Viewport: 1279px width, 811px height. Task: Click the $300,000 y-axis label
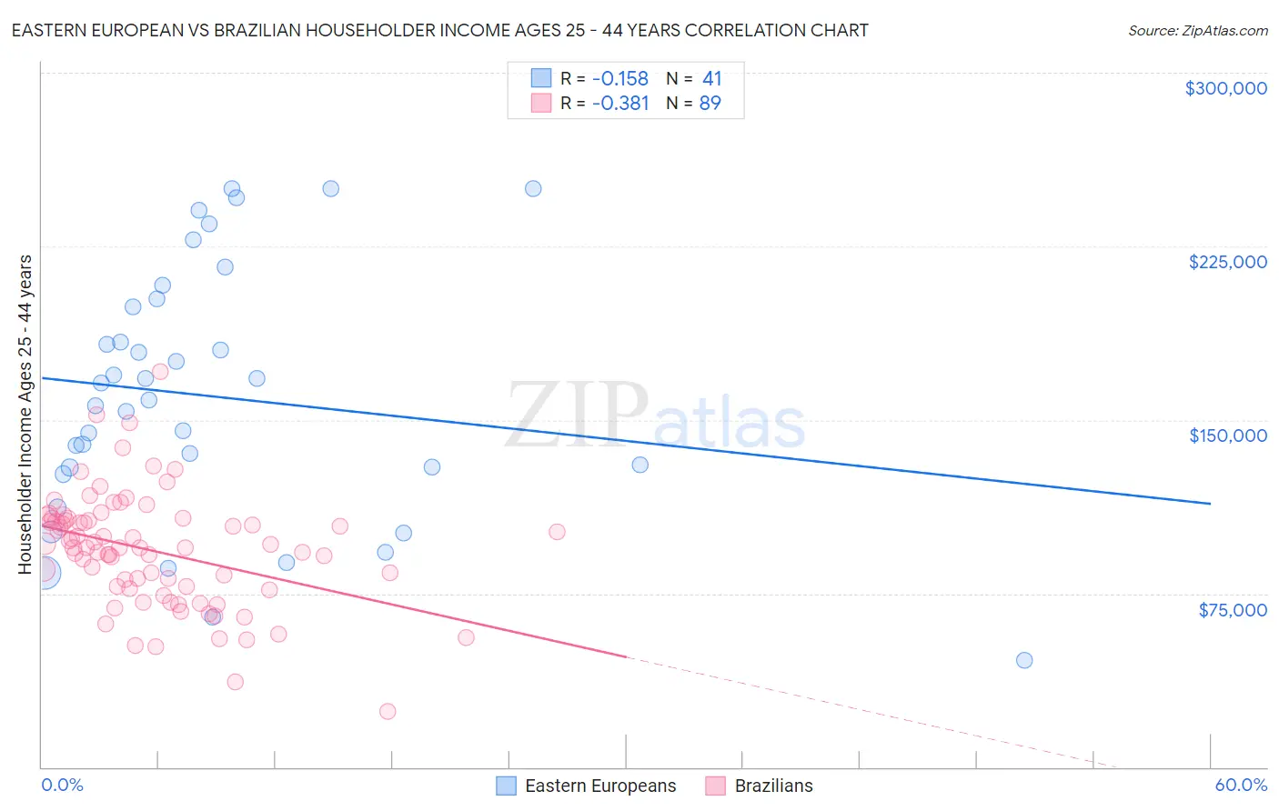[x=1225, y=88]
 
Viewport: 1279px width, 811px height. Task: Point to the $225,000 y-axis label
[x=1227, y=262]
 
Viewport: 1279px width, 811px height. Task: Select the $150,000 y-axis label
[x=1227, y=436]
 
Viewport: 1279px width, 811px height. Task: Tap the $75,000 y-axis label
[x=1232, y=610]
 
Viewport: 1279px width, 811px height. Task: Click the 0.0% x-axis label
[x=62, y=786]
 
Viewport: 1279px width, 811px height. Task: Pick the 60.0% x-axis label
[x=1241, y=786]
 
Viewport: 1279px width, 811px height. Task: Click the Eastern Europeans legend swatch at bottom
[x=506, y=786]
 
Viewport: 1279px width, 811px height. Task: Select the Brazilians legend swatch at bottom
[x=715, y=786]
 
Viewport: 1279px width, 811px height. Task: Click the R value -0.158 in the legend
[x=619, y=79]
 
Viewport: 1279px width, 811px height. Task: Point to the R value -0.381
[x=619, y=104]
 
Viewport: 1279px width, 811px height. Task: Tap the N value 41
[x=711, y=79]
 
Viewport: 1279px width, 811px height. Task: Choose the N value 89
[x=710, y=104]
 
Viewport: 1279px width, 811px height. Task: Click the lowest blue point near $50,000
[x=1024, y=660]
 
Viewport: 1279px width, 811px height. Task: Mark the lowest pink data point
[x=388, y=711]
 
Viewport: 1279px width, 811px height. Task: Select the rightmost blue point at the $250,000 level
[x=533, y=189]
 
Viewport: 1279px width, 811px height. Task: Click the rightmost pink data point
[x=557, y=532]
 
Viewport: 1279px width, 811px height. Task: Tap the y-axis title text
[x=25, y=415]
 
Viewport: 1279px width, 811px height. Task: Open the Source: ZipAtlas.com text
[x=1197, y=31]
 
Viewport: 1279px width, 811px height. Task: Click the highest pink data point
[x=160, y=371]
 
